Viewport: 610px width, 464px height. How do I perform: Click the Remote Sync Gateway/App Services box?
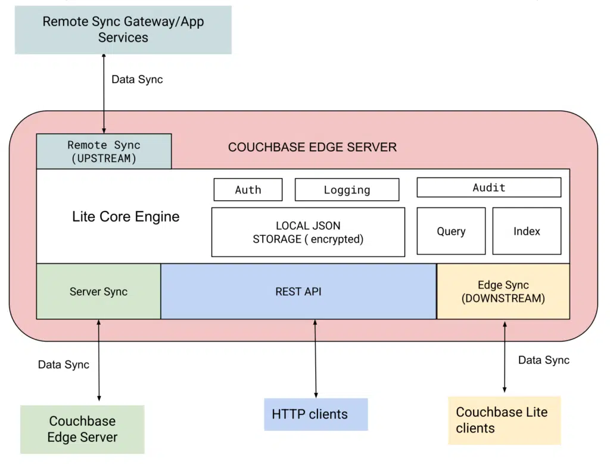[123, 30]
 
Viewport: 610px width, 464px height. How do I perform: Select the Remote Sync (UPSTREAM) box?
[104, 151]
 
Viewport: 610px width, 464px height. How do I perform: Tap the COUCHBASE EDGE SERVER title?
[312, 147]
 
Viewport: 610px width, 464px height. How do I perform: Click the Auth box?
[248, 190]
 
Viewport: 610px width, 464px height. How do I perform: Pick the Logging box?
[347, 190]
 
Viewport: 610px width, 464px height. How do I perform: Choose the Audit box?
[488, 188]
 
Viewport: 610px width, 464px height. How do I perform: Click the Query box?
[451, 231]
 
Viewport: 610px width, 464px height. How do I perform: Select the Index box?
[527, 231]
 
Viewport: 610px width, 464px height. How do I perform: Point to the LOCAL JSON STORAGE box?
[308, 232]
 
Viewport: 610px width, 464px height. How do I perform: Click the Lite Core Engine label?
[126, 217]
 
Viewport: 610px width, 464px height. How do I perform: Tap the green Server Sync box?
[98, 292]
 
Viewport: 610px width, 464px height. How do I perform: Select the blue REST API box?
[298, 292]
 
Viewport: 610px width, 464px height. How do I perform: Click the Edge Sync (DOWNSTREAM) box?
[503, 292]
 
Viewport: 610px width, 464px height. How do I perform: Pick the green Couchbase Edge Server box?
[82, 429]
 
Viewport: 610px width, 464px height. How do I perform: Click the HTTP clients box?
[316, 414]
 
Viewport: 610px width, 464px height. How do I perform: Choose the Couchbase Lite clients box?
[504, 420]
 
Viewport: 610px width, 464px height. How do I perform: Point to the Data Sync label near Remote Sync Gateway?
[137, 79]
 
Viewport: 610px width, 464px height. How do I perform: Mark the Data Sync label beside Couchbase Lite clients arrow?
[543, 360]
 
